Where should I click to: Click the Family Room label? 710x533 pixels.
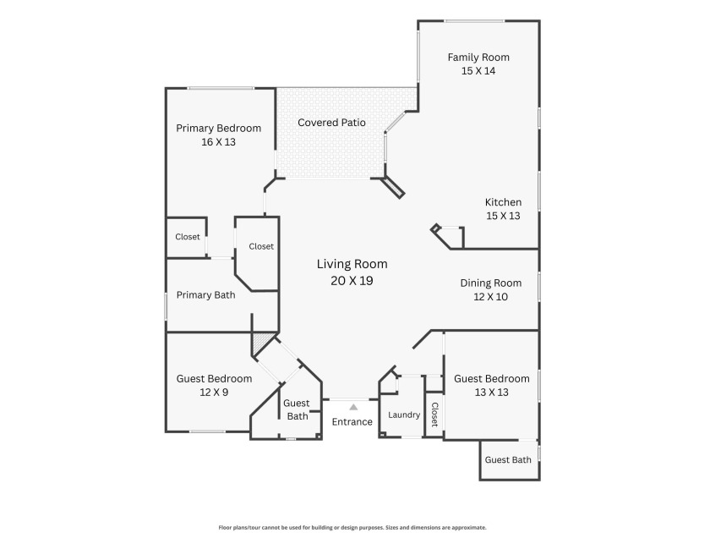pos(478,58)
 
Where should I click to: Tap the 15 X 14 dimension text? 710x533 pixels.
pos(478,71)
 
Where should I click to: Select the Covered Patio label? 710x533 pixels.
pos(331,123)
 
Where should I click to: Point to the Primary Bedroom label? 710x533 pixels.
pos(218,129)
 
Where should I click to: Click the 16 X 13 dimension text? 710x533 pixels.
pos(218,142)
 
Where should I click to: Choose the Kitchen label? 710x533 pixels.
pos(503,202)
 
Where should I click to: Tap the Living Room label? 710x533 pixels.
pos(352,264)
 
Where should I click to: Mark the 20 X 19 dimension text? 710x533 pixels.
pos(352,281)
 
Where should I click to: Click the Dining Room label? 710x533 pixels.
pos(491,283)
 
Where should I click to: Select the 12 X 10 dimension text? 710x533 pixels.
pos(491,297)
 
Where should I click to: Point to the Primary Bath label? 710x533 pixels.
pos(205,295)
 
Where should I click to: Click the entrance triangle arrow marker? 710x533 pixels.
pos(353,407)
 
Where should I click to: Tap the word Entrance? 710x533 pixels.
pos(352,422)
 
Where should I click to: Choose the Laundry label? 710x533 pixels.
pos(404,415)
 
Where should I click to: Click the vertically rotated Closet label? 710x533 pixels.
pos(434,415)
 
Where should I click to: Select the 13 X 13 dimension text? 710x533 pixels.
pos(491,393)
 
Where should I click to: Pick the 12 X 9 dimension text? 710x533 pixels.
pos(214,393)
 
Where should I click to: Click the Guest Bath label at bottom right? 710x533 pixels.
pos(508,460)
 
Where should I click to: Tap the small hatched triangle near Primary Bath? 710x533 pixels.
pos(260,342)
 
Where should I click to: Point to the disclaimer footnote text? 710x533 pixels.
pos(352,528)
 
